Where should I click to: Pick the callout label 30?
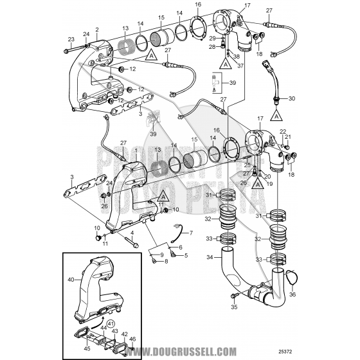(x=291, y=98)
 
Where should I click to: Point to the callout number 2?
(x=96, y=30)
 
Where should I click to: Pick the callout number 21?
(x=288, y=138)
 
